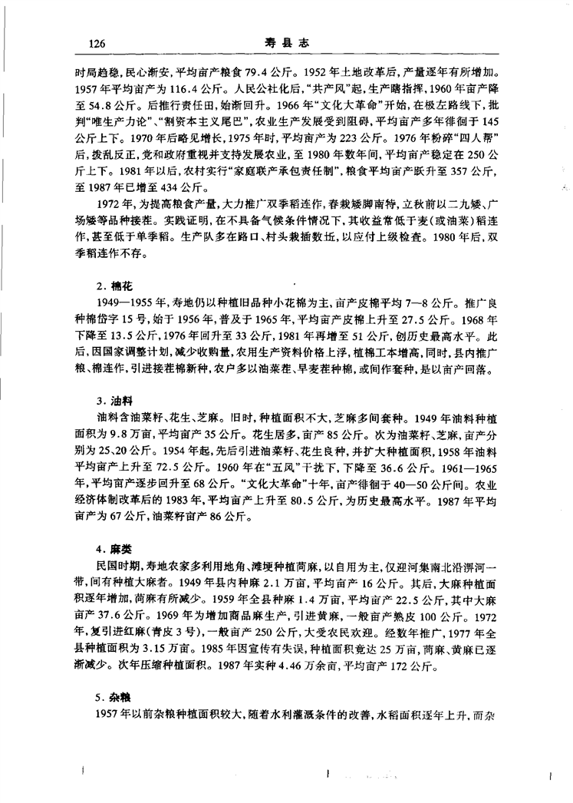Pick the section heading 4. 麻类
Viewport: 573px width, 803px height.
[x=110, y=550]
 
